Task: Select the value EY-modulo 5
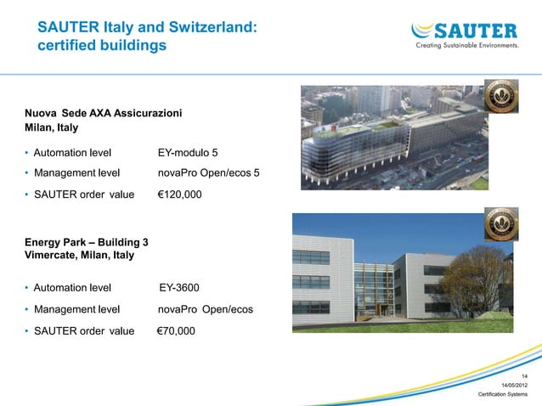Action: (x=188, y=153)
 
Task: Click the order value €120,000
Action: (x=180, y=195)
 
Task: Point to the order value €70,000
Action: (x=176, y=330)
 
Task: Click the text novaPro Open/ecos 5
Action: (x=209, y=174)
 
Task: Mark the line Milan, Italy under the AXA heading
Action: (x=52, y=127)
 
